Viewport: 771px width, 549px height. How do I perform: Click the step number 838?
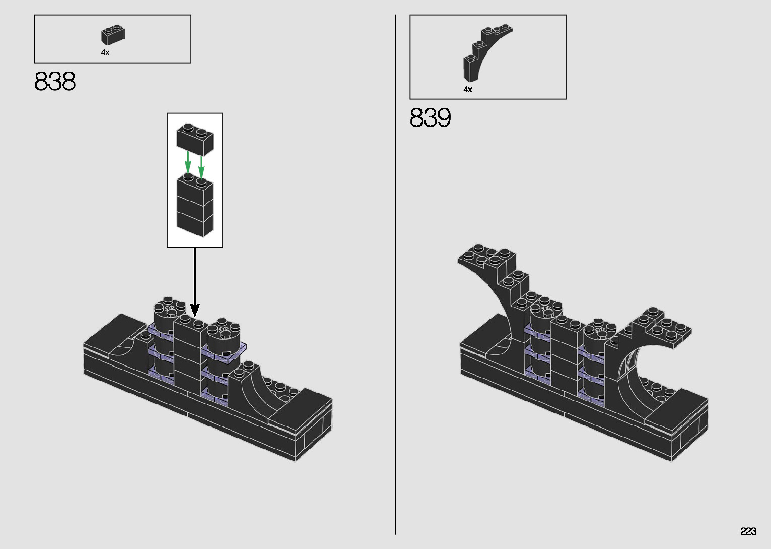tap(55, 81)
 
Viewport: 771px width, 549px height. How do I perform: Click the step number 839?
tap(430, 117)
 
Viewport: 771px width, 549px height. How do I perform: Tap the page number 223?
tap(748, 531)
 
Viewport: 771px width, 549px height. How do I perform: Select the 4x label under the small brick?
tap(105, 53)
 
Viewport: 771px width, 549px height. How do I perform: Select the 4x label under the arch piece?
tap(468, 89)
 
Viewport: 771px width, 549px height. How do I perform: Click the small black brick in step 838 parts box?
tap(113, 34)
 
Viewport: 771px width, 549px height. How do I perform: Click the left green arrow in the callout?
tap(188, 162)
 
